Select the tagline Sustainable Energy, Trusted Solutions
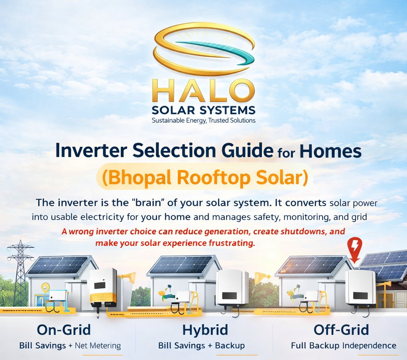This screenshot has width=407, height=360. [203, 120]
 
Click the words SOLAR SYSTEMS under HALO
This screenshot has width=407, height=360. [203, 110]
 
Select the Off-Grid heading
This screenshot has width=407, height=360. [341, 329]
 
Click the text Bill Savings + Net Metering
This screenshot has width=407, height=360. [70, 345]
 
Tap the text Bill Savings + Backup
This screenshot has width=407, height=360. [202, 345]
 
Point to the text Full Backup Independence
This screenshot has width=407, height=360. [343, 345]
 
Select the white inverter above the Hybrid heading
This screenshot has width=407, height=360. [232, 288]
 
